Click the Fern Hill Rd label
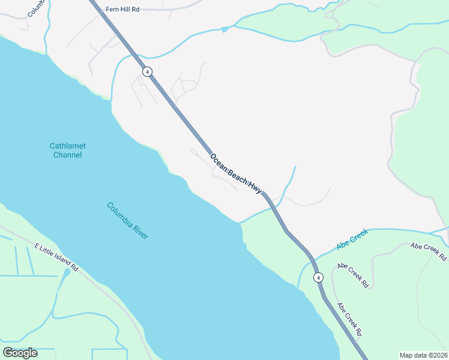coord(122,9)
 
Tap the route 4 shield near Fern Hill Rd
coord(147,71)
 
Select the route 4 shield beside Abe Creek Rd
coord(318,277)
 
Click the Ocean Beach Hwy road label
coord(236,173)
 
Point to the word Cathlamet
coord(67,146)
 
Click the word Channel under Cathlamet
coord(67,155)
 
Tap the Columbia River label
coord(127,220)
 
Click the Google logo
coord(20,352)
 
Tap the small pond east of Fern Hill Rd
coord(225,29)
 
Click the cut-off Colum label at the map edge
coord(35,7)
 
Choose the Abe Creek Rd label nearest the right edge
coord(429,251)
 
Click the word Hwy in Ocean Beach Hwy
coord(255,187)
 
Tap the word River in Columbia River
coord(139,230)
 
